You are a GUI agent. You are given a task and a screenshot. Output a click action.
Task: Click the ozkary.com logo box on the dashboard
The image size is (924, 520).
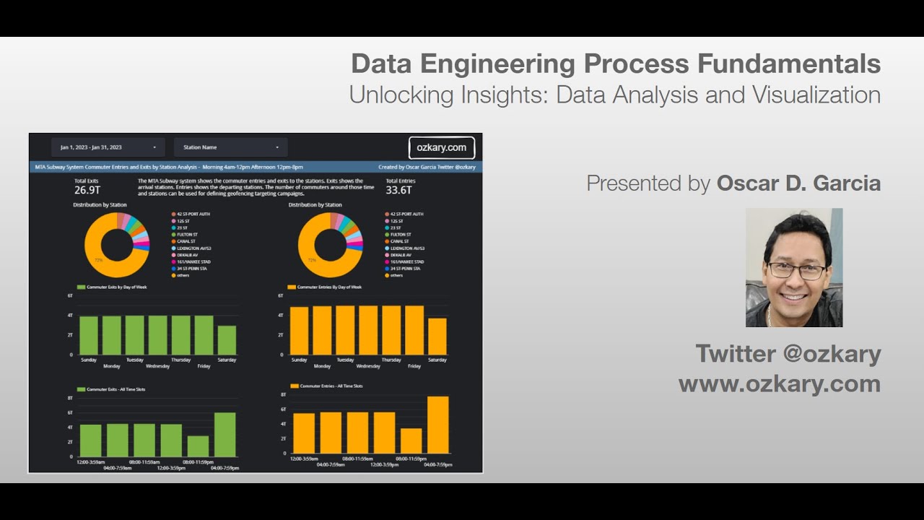tap(441, 147)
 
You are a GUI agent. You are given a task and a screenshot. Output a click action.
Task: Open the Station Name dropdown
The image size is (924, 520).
tap(231, 147)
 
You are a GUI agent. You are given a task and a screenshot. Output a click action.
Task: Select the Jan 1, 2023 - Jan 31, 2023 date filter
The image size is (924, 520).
tap(108, 147)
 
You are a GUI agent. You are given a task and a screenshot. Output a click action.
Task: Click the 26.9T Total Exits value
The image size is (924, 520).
tap(87, 191)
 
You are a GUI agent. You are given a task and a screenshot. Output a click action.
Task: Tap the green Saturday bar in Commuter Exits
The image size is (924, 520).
tap(227, 339)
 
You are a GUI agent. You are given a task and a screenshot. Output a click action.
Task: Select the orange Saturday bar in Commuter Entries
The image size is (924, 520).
tap(437, 336)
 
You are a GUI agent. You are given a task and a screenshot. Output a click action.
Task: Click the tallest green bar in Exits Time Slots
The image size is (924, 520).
tap(225, 435)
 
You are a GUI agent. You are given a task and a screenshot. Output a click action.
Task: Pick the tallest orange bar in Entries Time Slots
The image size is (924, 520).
tap(437, 425)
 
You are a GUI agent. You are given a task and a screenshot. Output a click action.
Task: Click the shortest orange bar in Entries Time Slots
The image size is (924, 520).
tap(411, 441)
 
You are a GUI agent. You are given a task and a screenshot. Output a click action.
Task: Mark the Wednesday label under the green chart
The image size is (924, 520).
tap(157, 366)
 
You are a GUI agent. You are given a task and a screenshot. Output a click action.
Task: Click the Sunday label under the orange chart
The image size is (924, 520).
tap(299, 360)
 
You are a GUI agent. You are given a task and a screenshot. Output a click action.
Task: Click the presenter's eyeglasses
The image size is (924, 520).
tap(796, 271)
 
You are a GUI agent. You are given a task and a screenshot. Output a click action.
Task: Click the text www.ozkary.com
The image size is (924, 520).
tap(779, 383)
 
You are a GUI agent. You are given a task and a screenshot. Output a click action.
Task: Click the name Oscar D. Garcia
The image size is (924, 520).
tap(798, 183)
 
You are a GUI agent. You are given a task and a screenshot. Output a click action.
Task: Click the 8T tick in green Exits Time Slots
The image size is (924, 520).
tap(70, 398)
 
